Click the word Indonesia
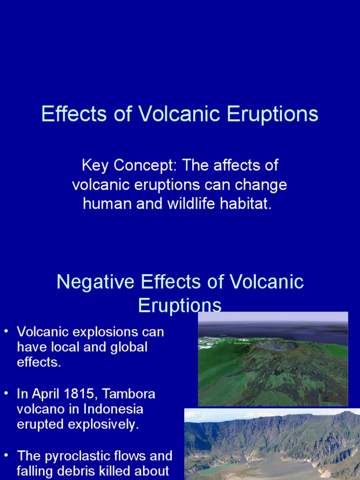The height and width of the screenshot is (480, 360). click(113, 409)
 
